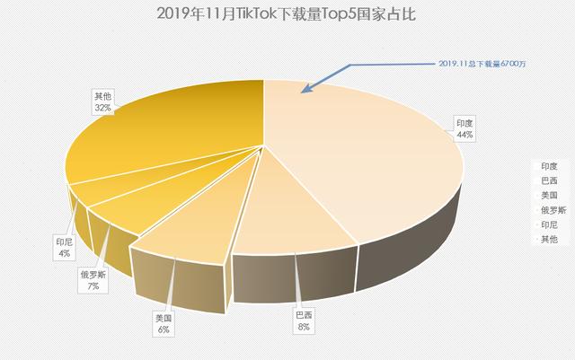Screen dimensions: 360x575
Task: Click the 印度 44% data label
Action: coord(464,128)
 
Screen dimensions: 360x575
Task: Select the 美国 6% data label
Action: coord(163,324)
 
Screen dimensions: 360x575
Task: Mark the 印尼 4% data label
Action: coord(65,247)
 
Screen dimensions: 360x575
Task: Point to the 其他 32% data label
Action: coord(102,101)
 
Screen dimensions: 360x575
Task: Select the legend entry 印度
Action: coord(549,166)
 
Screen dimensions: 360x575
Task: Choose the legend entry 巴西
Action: coord(549,180)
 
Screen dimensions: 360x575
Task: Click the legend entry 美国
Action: coord(549,195)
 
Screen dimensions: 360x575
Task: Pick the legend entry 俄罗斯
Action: coord(552,209)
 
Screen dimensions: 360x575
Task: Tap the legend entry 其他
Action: coord(549,239)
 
